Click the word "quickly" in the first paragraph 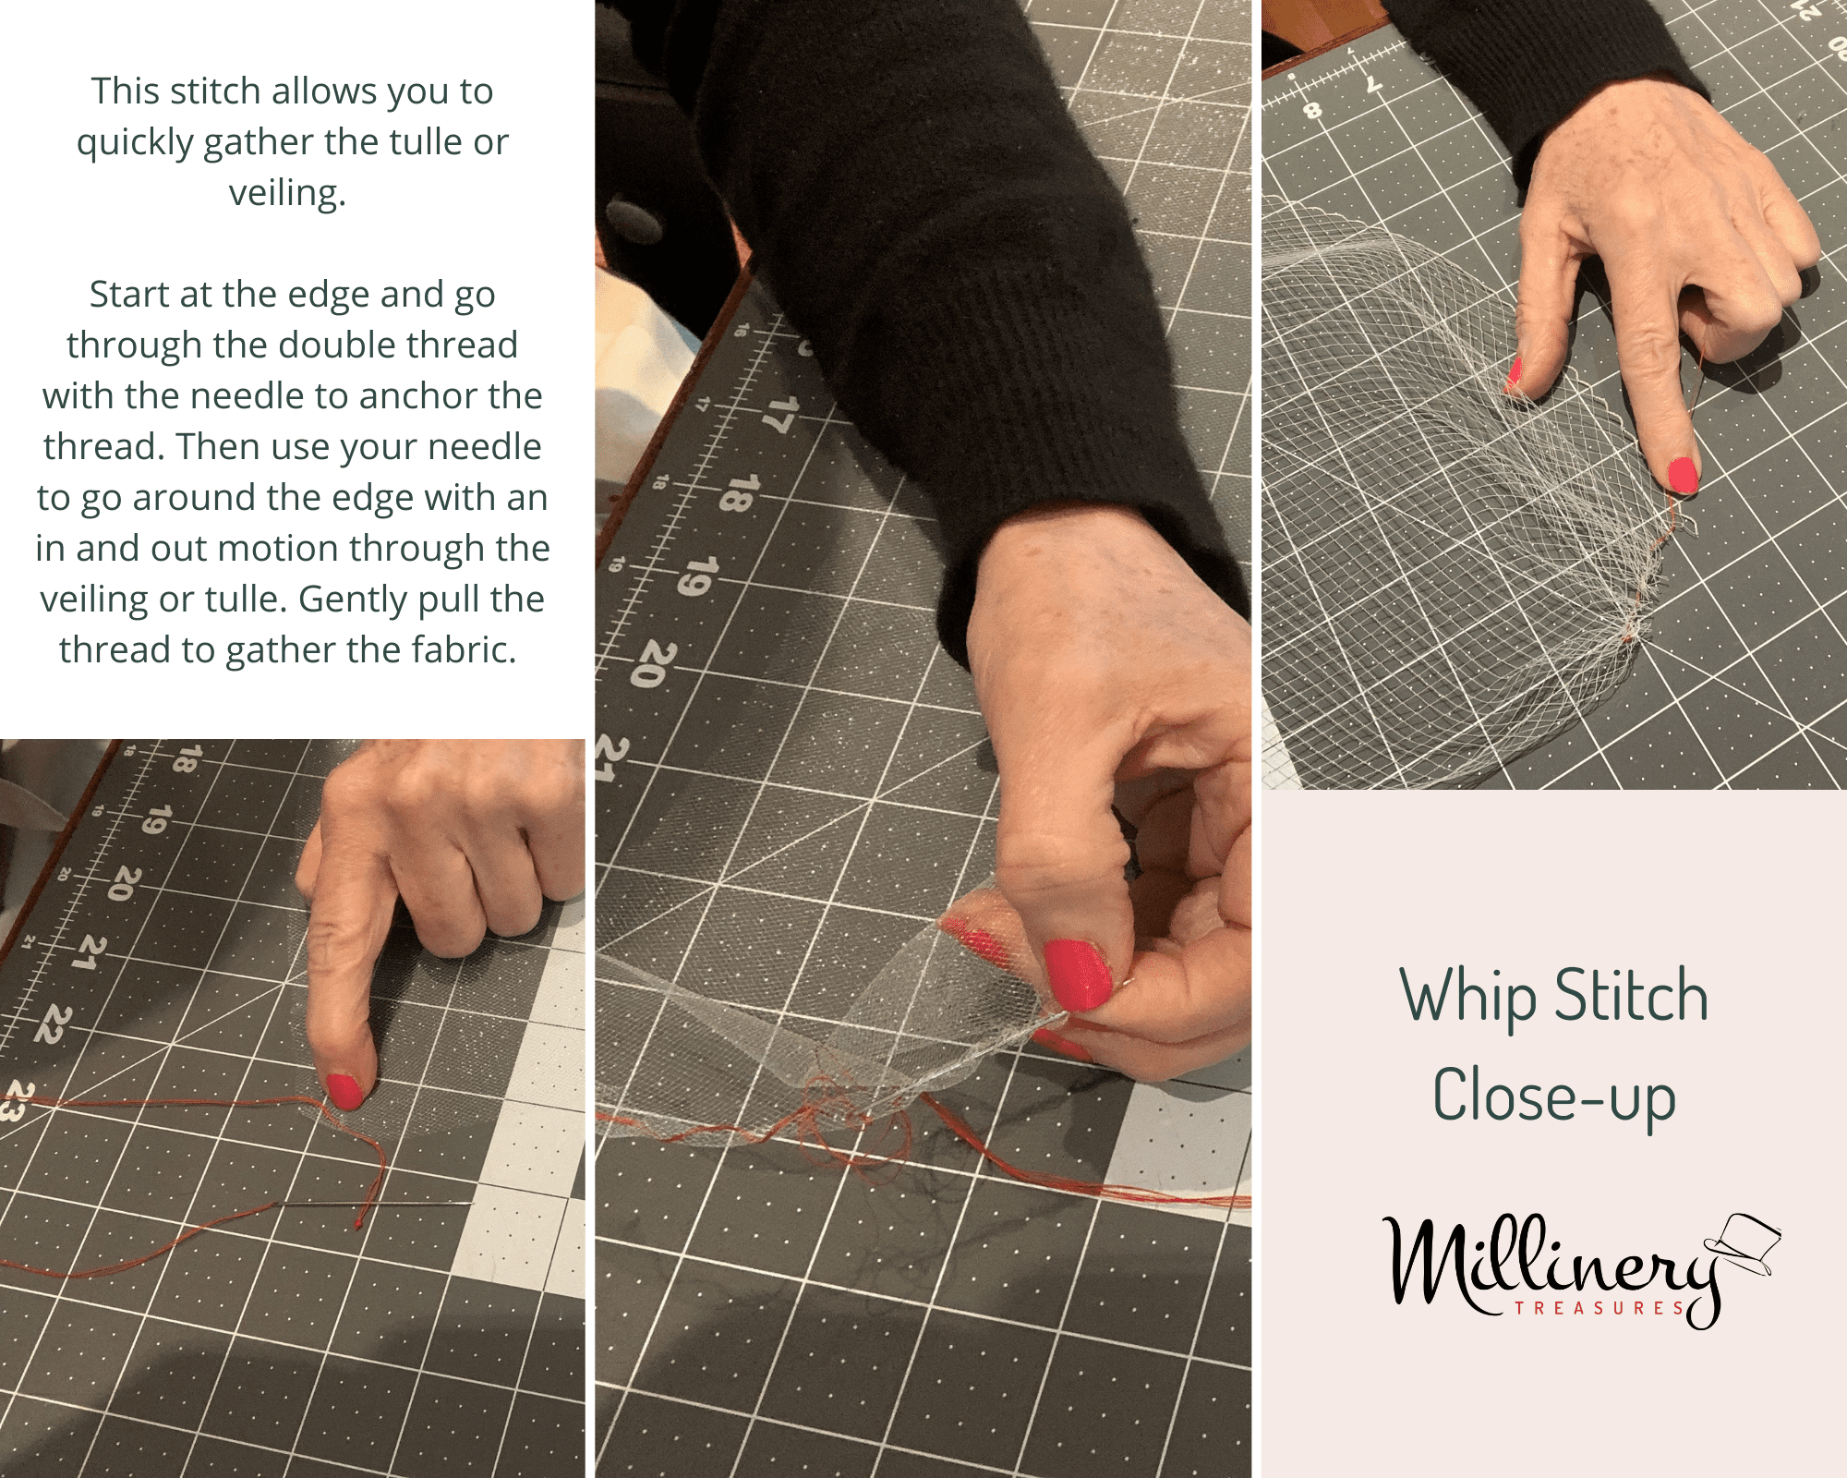click(135, 143)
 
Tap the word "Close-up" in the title click(1554, 1096)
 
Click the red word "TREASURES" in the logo click(1599, 1308)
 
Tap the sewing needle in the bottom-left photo click(376, 1204)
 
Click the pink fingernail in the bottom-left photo click(345, 1091)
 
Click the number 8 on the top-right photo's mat click(1311, 112)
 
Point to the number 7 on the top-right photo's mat click(1373, 85)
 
